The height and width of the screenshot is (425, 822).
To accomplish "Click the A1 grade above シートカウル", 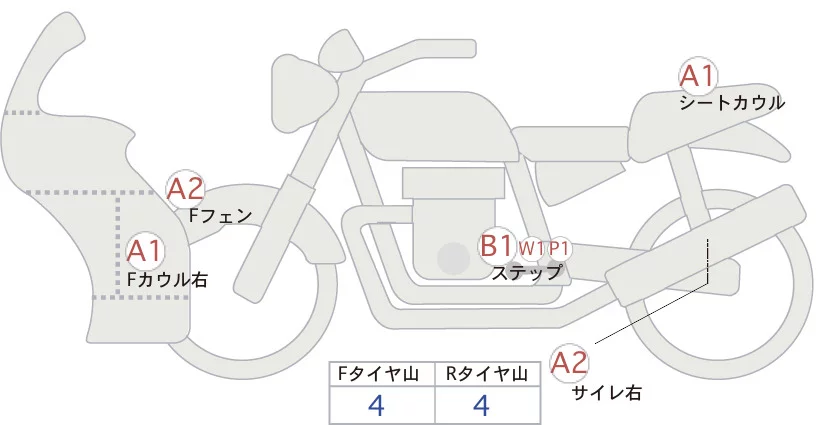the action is point(697,76).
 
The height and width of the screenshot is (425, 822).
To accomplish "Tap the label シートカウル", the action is point(731,102).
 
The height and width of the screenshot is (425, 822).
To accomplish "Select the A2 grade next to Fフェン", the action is point(185,188).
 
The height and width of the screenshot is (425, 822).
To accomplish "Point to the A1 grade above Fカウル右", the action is point(144,250).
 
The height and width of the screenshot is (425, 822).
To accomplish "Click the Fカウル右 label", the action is point(167,280).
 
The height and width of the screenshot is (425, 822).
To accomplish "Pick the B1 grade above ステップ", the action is point(497,245).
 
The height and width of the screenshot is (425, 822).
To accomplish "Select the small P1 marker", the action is point(559,247).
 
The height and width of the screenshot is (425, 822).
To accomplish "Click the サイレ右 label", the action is point(606,393).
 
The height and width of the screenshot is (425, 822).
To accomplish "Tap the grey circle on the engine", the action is point(454,259).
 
